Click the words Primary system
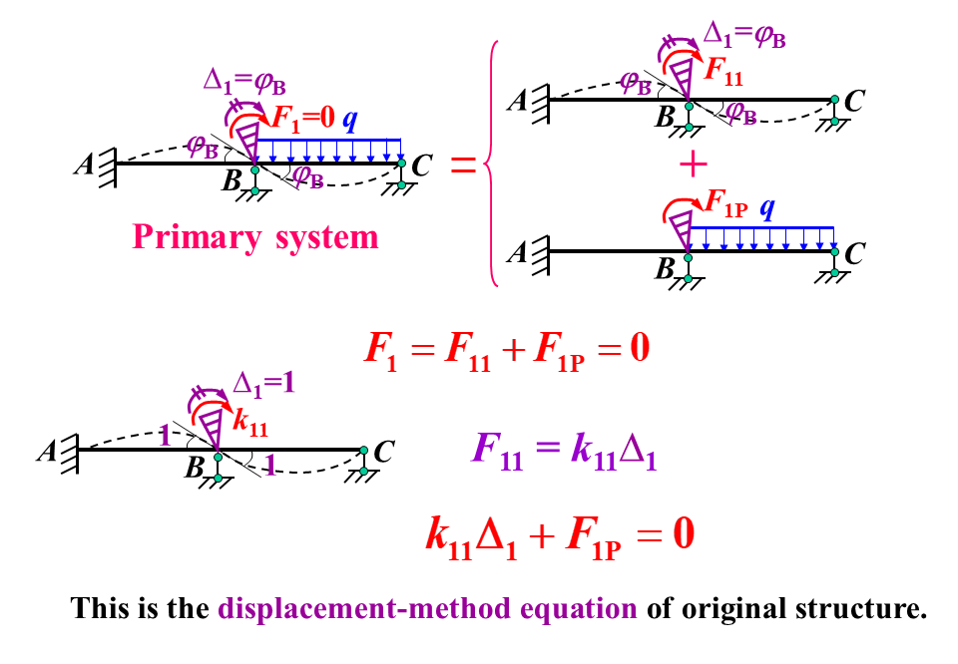point(255,237)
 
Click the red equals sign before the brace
point(463,166)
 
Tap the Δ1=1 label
point(264,382)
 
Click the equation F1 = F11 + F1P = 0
point(507,352)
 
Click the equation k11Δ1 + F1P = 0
point(559,535)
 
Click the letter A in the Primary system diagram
point(83,166)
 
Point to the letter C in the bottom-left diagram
point(383,452)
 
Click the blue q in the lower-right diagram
point(767,209)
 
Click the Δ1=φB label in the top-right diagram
point(743,36)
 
